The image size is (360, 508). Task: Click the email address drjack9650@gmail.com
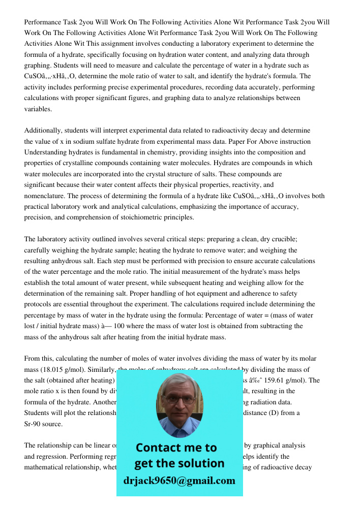click(x=179, y=481)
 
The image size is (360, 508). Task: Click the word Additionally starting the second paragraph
click(x=43, y=131)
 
